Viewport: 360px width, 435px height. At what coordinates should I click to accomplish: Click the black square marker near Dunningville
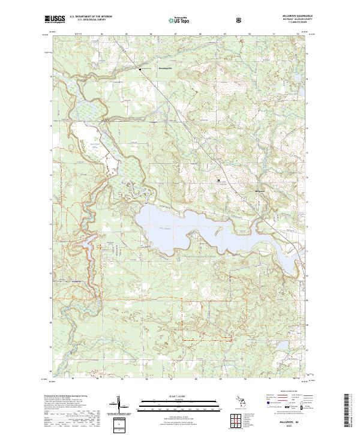[x=142, y=70]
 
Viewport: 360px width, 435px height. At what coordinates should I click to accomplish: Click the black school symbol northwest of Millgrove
[x=218, y=179]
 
